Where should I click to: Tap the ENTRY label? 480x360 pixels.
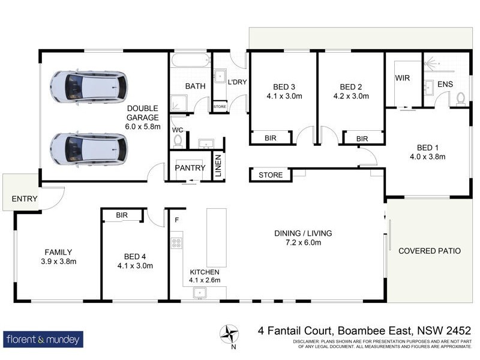coord(25,199)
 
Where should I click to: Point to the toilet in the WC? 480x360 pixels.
coord(178,140)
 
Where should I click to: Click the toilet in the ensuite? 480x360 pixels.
coord(461,98)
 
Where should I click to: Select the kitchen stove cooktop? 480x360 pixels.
coord(177,243)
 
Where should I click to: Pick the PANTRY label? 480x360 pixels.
coord(190,168)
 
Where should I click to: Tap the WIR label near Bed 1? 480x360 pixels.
coord(402,78)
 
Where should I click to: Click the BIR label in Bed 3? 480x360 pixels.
coord(271,139)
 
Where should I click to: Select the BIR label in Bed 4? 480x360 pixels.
coord(122,215)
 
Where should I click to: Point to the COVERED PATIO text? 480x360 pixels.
coord(430,251)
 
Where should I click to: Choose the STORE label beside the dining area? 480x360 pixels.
coord(270,175)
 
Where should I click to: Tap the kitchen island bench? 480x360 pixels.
coord(217,238)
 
